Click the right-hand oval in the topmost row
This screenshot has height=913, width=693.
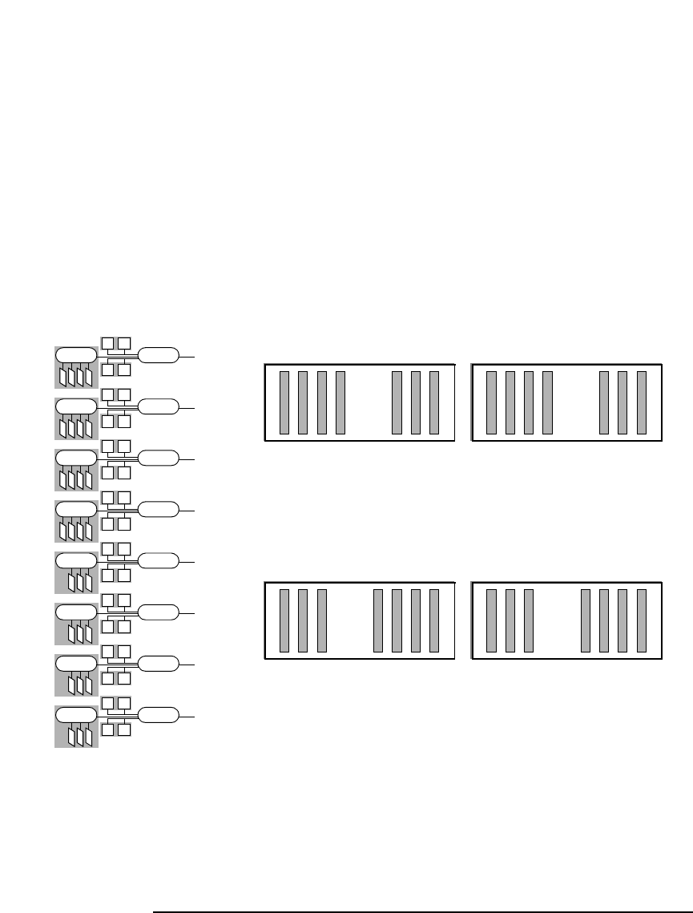click(x=158, y=354)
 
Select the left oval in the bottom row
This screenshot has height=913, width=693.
click(x=76, y=713)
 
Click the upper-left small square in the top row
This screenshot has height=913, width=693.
click(x=108, y=343)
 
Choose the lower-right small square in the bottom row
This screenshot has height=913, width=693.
click(x=124, y=729)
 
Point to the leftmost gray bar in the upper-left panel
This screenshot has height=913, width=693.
click(x=284, y=402)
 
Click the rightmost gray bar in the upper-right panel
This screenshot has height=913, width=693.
click(x=642, y=402)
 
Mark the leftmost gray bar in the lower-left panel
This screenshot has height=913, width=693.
click(x=284, y=620)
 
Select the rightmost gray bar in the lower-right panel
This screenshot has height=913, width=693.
click(x=642, y=620)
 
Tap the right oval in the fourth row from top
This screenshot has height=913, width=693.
click(x=158, y=508)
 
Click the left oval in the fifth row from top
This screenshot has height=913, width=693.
click(x=76, y=560)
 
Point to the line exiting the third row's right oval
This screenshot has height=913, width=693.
click(x=186, y=458)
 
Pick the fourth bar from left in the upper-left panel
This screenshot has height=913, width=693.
click(x=340, y=402)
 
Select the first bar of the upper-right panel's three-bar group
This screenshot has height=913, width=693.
click(x=605, y=402)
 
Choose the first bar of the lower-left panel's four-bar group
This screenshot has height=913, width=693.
click(x=378, y=620)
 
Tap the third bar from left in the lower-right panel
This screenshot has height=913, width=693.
click(x=529, y=620)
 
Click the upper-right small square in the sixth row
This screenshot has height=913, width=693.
click(x=124, y=600)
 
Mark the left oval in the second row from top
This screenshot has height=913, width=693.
click(x=76, y=406)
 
